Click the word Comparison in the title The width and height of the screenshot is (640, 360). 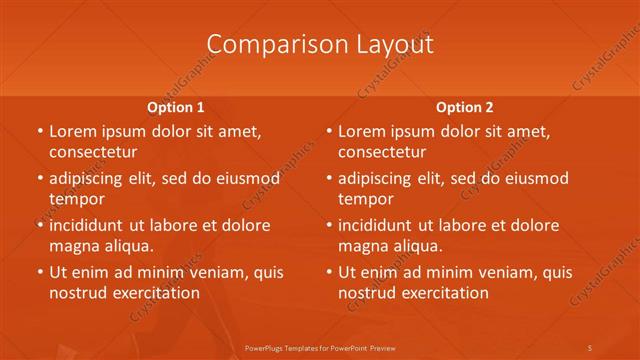[265, 45]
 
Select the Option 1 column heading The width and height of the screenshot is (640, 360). [176, 106]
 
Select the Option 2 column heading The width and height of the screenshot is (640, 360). [465, 106]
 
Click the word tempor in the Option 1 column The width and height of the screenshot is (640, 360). [75, 199]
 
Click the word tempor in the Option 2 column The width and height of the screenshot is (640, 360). [365, 199]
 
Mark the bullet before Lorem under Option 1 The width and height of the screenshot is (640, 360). [39, 131]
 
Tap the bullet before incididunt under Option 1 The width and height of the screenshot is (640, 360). [39, 225]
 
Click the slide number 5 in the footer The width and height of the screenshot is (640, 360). [590, 346]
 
